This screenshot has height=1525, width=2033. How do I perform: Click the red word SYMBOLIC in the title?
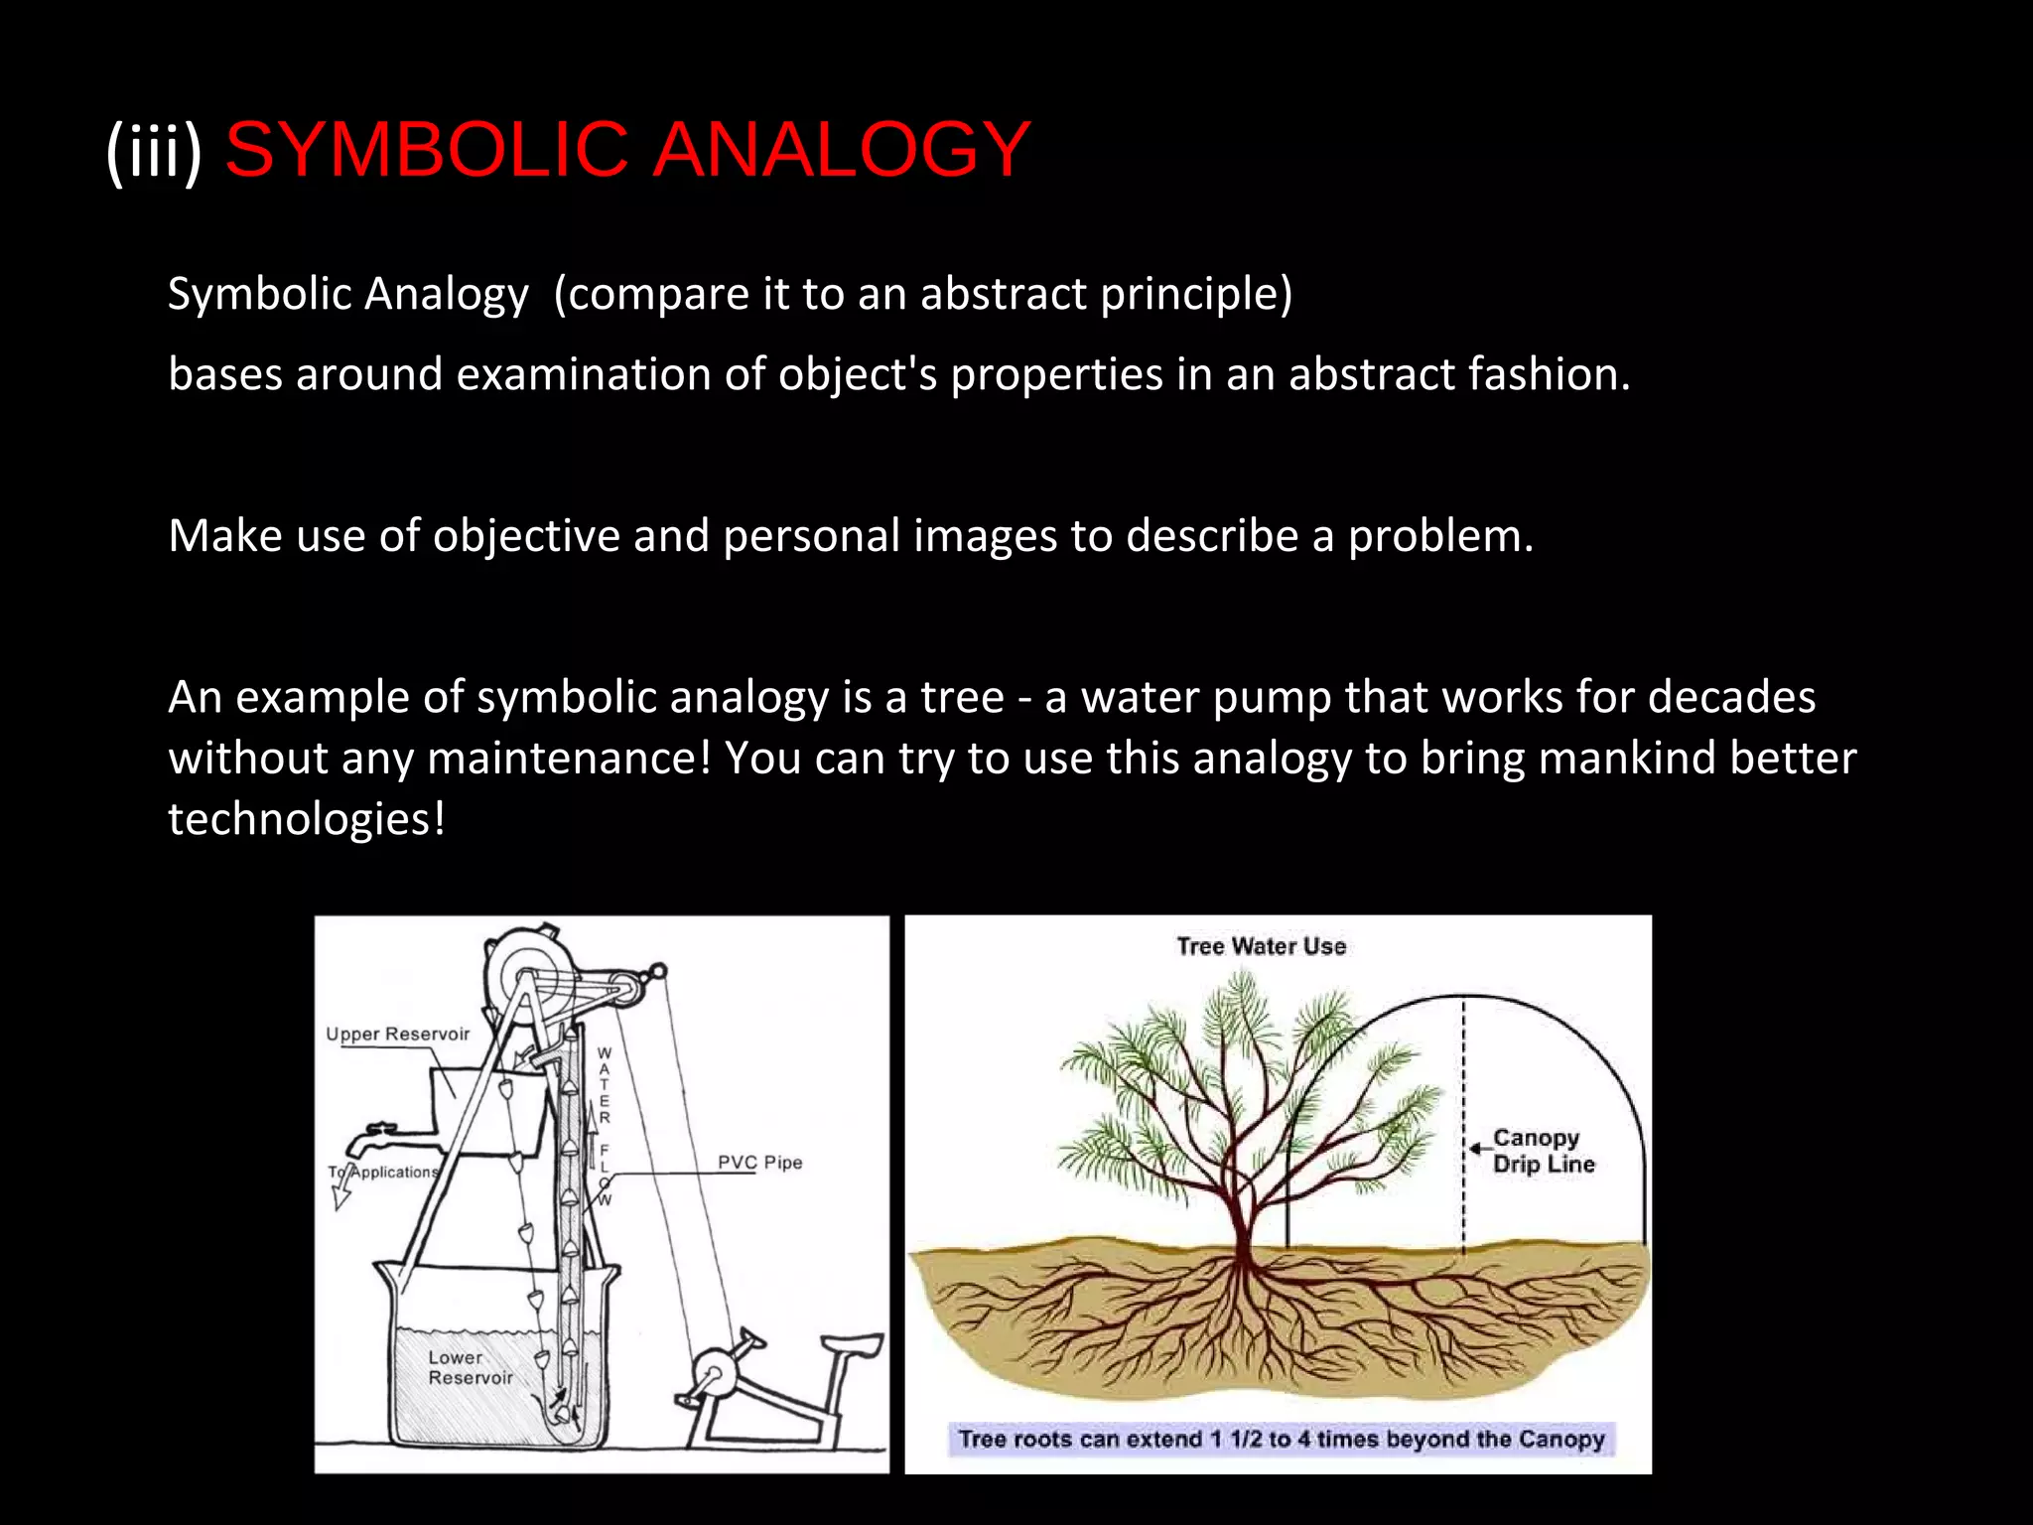(427, 149)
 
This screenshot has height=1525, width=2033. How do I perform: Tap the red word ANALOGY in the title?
(841, 149)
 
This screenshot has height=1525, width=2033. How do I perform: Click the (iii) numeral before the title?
(154, 151)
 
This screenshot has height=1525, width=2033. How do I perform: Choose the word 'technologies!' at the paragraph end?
(307, 820)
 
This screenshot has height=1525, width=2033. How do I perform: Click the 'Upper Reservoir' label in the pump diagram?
(397, 1034)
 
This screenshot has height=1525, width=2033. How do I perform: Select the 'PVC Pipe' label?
(759, 1163)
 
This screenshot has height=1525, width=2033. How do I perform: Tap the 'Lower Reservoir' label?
(470, 1367)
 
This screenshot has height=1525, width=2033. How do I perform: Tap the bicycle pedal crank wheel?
(711, 1380)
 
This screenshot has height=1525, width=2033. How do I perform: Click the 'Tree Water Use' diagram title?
(1261, 946)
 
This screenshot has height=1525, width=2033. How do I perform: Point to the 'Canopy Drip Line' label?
(1543, 1151)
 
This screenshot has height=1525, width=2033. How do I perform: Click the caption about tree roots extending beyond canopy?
(1281, 1439)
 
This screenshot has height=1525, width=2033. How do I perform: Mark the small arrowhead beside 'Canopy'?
(1476, 1148)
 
